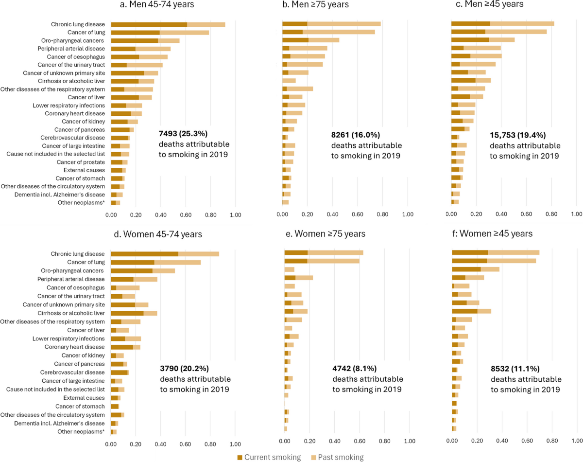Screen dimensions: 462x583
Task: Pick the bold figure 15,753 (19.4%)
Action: (x=519, y=134)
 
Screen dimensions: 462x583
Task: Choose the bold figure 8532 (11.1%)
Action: (x=516, y=368)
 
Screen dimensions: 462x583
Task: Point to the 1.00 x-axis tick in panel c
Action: (x=576, y=214)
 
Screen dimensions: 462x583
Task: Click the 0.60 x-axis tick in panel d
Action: (x=186, y=444)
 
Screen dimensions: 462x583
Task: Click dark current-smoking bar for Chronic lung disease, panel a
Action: (x=149, y=24)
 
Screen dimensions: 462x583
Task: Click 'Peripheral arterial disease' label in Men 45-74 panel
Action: (x=71, y=49)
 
